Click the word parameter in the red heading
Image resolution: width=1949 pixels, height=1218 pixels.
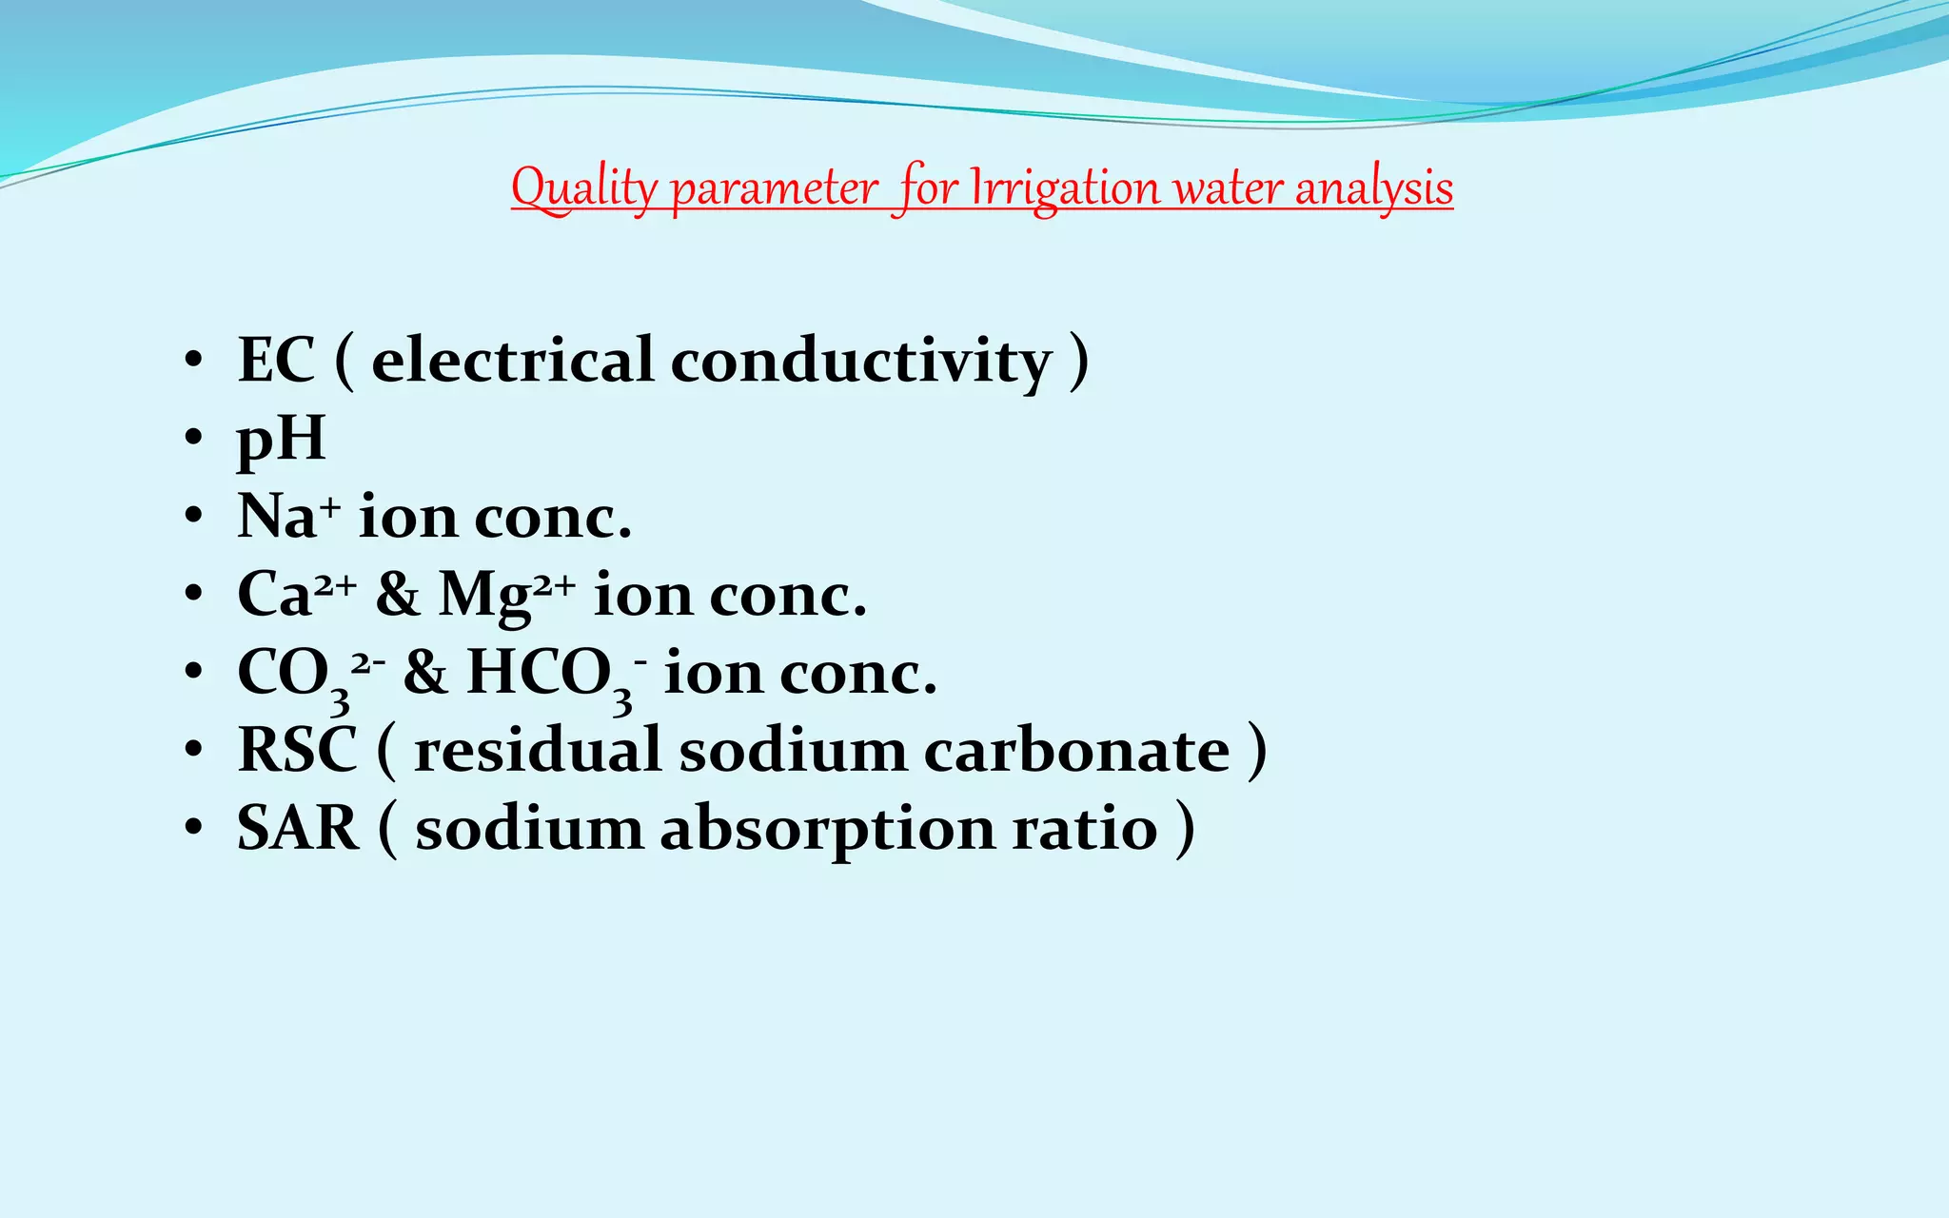(774, 189)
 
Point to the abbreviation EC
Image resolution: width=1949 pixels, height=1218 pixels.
(275, 361)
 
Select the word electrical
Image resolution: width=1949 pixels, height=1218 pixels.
(512, 361)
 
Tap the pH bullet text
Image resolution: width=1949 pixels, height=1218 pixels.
(281, 441)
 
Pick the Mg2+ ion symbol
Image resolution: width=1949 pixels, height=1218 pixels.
(505, 595)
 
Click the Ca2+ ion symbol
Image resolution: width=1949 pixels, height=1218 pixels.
(296, 594)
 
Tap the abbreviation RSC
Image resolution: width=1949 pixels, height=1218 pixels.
(297, 751)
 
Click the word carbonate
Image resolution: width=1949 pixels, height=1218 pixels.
(1076, 751)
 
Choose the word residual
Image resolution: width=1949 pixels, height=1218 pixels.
(537, 751)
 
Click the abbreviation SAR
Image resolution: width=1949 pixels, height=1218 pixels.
(298, 829)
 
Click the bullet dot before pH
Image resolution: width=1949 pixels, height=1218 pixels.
(194, 439)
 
